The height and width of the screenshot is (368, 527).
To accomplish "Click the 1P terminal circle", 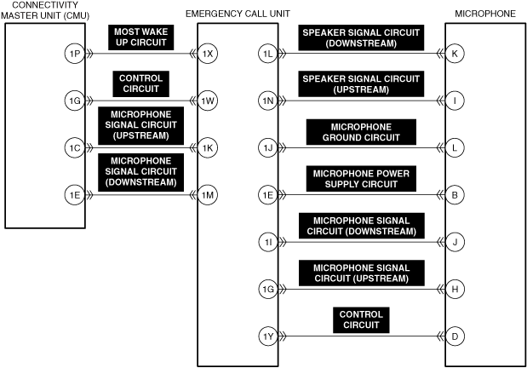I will [x=75, y=54].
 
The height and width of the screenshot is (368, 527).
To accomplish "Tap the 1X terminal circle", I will [x=208, y=54].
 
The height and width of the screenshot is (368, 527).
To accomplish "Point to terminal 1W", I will [x=208, y=101].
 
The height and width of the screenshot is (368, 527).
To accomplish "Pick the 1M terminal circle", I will [x=208, y=195].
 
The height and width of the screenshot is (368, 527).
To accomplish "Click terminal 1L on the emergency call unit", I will [x=268, y=54].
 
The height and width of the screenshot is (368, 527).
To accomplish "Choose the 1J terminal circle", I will [x=268, y=148].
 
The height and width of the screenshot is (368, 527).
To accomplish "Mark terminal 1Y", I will [x=268, y=336].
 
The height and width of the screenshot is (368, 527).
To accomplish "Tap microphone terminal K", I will [x=455, y=54].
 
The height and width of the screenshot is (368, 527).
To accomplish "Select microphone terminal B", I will [x=455, y=195].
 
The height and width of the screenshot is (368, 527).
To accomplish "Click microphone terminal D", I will [x=455, y=336].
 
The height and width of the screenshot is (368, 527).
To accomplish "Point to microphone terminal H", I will [x=455, y=290].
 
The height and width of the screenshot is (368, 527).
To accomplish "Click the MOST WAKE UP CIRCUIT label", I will [x=140, y=37].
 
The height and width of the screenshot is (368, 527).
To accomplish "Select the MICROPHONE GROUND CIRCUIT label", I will [x=361, y=131].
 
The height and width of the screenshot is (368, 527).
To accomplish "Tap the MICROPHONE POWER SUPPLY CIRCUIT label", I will [x=361, y=178].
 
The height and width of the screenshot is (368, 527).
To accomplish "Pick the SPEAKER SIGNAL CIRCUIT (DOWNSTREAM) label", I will [x=360, y=37].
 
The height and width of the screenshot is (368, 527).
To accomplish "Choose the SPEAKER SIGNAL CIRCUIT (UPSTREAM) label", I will [x=360, y=83].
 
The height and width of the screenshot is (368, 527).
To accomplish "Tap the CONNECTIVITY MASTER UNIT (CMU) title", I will [x=45, y=10].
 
